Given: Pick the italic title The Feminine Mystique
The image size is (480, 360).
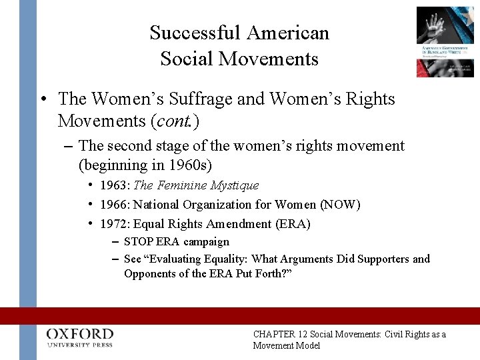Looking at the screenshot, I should click(196, 185).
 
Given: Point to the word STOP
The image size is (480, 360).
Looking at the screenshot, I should click(139, 242).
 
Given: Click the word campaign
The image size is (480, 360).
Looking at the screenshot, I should click(206, 242).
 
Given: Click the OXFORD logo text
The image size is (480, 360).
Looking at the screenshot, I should click(80, 334).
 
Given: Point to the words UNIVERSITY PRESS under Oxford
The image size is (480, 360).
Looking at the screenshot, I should click(80, 345).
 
